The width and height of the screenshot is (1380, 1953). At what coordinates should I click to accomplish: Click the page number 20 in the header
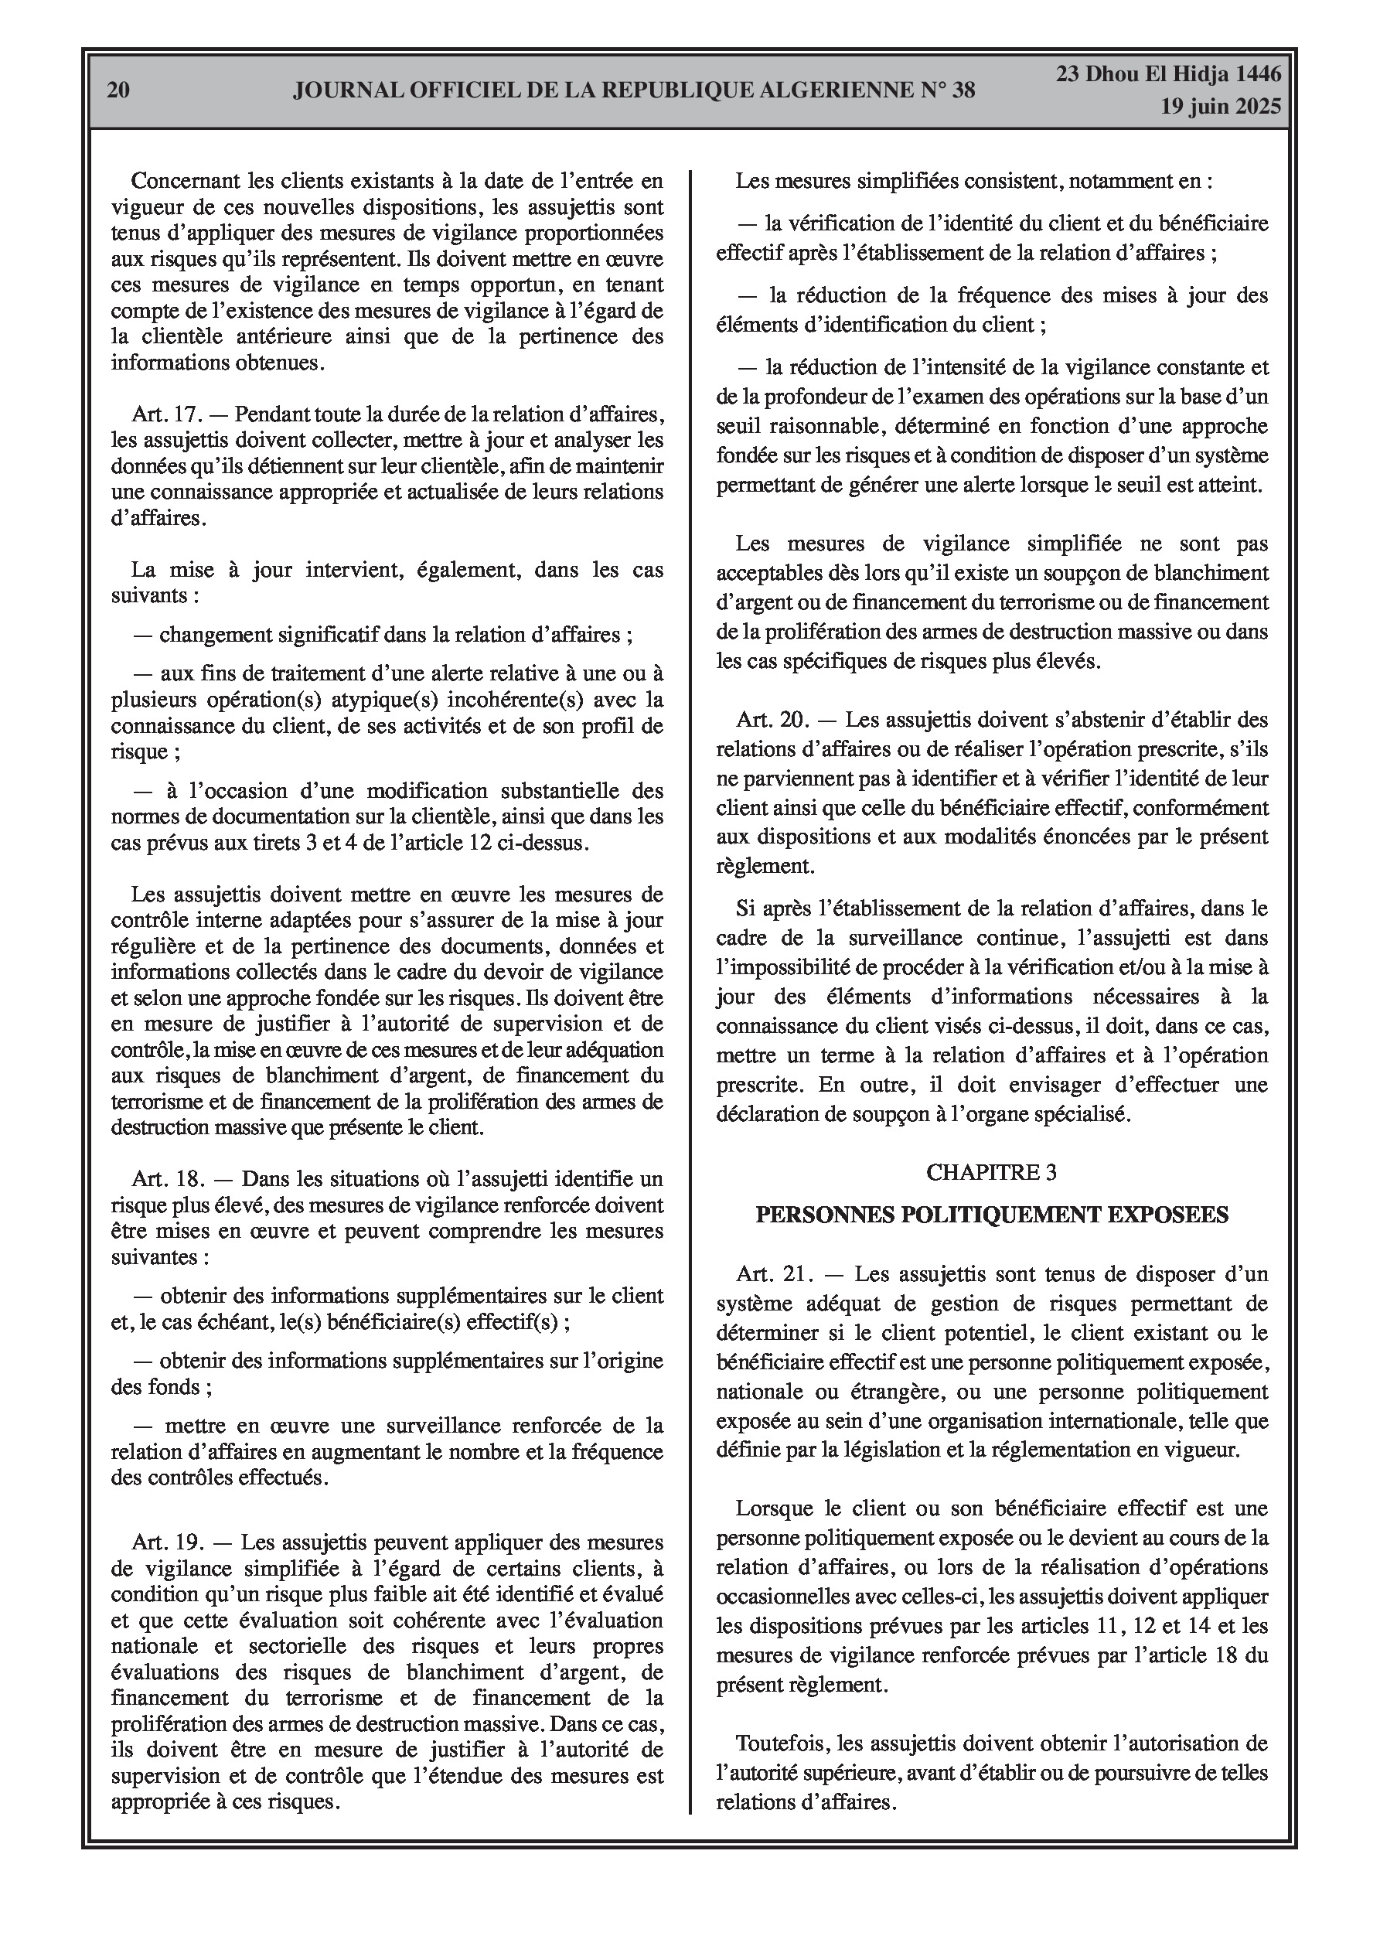click(x=118, y=90)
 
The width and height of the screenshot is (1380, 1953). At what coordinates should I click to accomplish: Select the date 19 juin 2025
click(x=1220, y=107)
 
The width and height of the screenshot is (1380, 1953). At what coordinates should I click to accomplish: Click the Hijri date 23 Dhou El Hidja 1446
click(x=1168, y=75)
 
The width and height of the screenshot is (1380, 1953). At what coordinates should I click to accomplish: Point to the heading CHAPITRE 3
click(x=991, y=1172)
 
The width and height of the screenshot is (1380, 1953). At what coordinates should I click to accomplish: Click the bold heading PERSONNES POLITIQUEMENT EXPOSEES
click(x=992, y=1214)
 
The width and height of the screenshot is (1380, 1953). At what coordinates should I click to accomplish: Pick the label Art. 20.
click(x=772, y=720)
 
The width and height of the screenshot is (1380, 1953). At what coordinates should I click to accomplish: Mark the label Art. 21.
click(x=774, y=1274)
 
